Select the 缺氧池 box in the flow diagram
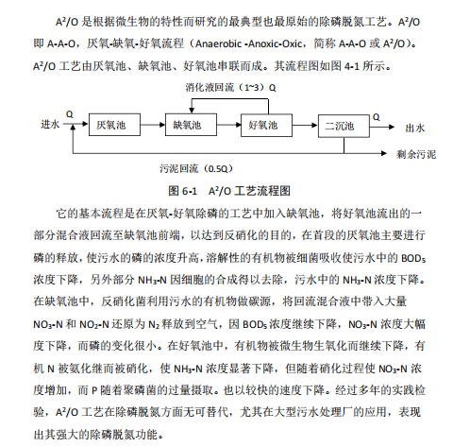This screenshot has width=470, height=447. [186, 125]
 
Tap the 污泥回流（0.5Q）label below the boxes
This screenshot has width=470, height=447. [195, 168]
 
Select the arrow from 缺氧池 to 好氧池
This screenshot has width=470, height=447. [225, 125]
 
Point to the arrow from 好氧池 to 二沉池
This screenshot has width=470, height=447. [300, 125]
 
